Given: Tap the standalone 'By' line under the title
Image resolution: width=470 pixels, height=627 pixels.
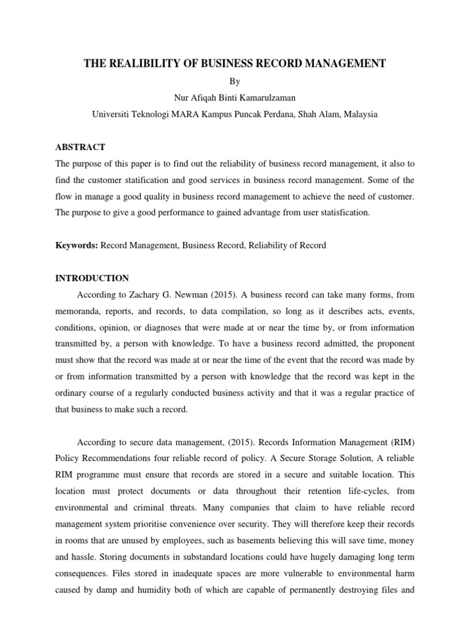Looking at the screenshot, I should tap(235, 81).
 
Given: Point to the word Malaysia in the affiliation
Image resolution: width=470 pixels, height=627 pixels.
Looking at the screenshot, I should tap(360, 115).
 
